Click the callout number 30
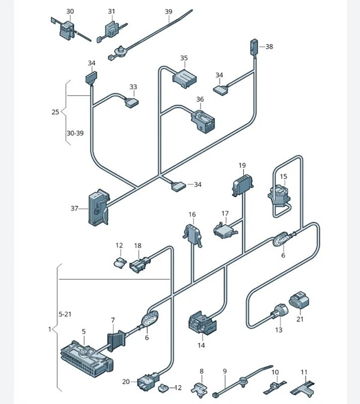coord(70,11)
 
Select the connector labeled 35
coord(184,78)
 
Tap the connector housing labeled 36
coord(203,121)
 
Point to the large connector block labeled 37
coord(99,208)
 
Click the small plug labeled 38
coord(254,47)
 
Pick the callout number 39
coord(169,11)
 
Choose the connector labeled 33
coord(131,102)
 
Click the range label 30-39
coord(75,133)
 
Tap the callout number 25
coord(55,112)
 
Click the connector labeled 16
coord(192,234)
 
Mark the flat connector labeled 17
coord(225,230)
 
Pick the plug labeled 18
coord(140,264)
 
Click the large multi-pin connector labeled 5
coord(87,359)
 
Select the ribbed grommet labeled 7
coord(116,341)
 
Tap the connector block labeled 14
coord(203,322)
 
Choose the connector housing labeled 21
coord(299,300)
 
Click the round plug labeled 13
coord(279,311)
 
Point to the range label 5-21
coord(65,314)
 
